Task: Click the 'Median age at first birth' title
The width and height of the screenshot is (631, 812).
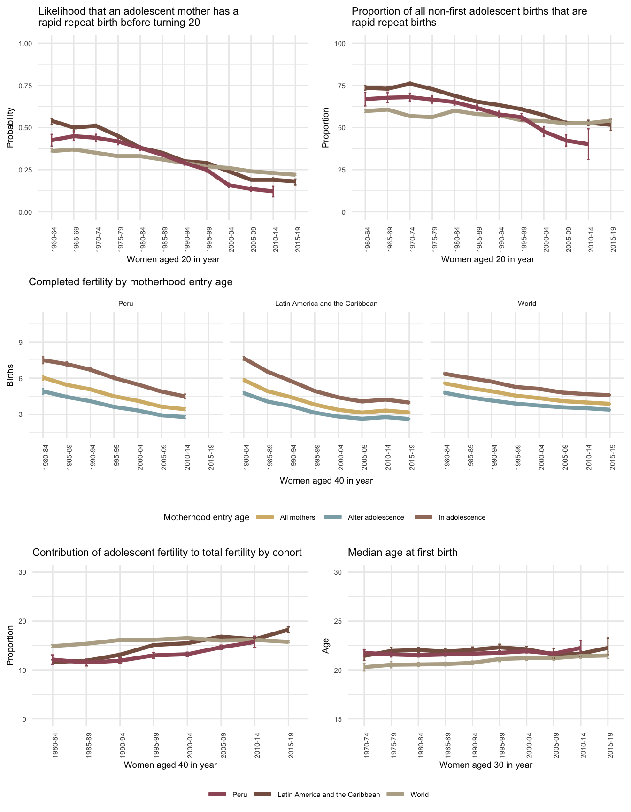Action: click(x=402, y=553)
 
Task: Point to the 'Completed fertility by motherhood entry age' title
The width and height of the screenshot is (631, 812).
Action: click(x=131, y=282)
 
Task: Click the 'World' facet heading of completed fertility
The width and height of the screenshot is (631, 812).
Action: click(x=527, y=304)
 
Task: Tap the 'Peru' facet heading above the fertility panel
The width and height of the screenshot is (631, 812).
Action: click(x=125, y=304)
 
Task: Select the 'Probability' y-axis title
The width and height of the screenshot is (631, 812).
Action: click(x=10, y=128)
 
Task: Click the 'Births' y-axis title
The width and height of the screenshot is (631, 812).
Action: click(x=10, y=378)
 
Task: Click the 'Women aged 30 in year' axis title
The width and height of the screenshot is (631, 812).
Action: click(x=486, y=765)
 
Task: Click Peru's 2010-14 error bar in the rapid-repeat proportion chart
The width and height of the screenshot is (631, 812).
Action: click(x=588, y=144)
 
